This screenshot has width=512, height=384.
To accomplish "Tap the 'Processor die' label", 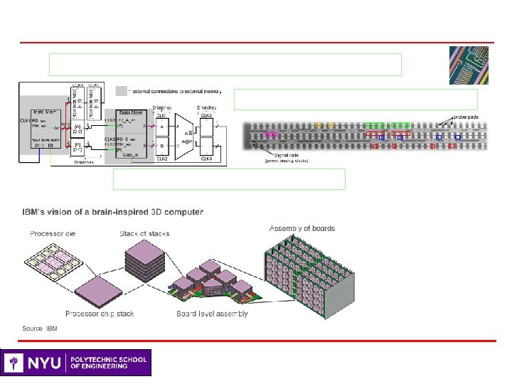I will (53, 234).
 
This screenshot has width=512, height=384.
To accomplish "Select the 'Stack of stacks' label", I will (145, 234).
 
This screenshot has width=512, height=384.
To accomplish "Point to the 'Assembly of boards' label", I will (302, 228).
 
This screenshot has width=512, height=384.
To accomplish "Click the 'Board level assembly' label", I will (213, 314).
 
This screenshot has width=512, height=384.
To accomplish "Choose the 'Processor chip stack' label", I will (100, 314).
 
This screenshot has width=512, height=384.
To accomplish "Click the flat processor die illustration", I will (53, 262).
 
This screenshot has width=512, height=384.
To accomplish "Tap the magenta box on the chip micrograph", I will (271, 133).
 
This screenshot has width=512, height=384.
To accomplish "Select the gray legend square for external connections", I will (122, 91).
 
